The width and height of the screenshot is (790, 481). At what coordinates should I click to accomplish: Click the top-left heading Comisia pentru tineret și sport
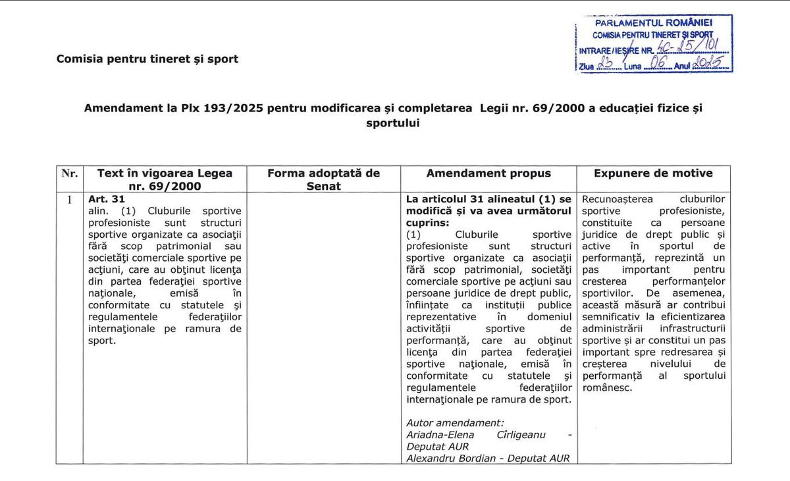click(x=147, y=59)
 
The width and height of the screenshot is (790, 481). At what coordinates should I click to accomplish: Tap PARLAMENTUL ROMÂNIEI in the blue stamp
click(x=654, y=23)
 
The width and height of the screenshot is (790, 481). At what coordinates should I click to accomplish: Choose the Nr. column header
click(x=69, y=173)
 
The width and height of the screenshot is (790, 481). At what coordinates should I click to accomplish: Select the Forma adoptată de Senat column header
click(x=323, y=179)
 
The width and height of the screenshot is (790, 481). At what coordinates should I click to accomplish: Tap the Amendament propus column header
click(x=488, y=173)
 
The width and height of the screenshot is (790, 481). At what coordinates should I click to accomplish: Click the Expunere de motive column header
click(x=653, y=173)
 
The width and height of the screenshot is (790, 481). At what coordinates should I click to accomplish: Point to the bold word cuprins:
click(x=428, y=223)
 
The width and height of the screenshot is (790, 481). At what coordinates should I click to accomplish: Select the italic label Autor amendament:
click(x=455, y=423)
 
